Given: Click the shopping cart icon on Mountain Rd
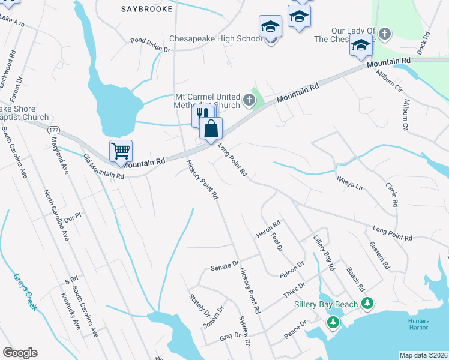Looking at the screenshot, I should (x=121, y=152).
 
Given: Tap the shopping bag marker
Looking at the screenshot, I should (x=211, y=128).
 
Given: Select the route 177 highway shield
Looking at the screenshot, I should (x=53, y=130).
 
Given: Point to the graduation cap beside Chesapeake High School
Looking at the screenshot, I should (x=270, y=27).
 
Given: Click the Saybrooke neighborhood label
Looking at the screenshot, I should (x=146, y=9).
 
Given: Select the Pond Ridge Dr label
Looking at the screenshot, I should (x=151, y=45).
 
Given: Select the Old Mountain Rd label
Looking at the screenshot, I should (x=104, y=167).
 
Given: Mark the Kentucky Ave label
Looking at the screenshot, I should (x=71, y=311).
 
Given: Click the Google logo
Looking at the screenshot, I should (x=20, y=353).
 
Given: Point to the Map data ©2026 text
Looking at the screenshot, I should (x=423, y=355).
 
